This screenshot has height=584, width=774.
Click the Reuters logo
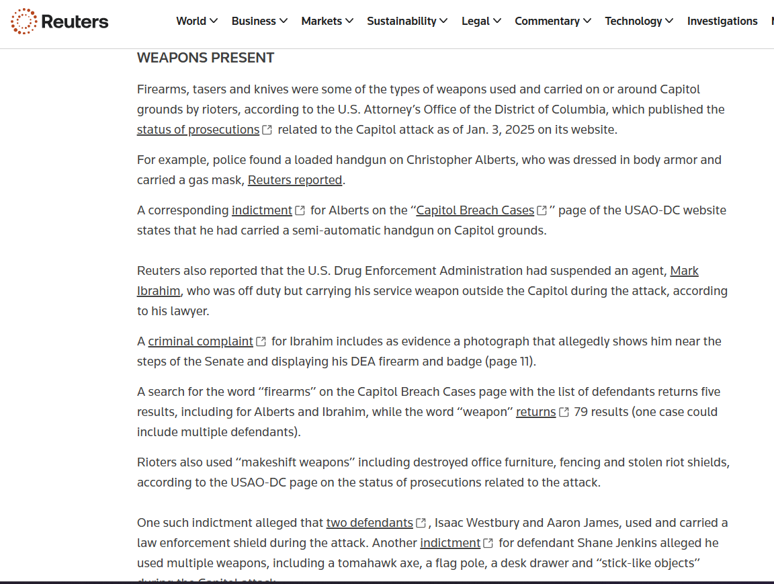click(x=60, y=22)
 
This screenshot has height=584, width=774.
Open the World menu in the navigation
click(x=196, y=21)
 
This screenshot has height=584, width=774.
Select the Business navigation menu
click(x=259, y=21)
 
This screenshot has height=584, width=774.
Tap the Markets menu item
click(x=327, y=21)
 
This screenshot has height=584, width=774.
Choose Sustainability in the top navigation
click(x=406, y=21)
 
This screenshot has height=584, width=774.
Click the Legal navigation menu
click(x=481, y=21)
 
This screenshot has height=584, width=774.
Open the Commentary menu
click(x=552, y=21)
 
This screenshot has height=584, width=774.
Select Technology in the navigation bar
click(x=638, y=21)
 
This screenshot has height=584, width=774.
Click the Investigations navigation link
click(x=722, y=21)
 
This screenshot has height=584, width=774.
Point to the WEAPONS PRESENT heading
click(x=206, y=58)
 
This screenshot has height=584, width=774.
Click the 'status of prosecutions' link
click(x=198, y=130)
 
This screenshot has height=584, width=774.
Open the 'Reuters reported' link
click(x=295, y=180)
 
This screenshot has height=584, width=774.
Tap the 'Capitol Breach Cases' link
click(x=475, y=210)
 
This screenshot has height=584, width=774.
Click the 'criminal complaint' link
click(x=200, y=341)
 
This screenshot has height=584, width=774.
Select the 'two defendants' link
click(x=370, y=523)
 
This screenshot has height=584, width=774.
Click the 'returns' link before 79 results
click(x=535, y=412)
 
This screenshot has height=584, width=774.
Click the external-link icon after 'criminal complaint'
click(x=261, y=342)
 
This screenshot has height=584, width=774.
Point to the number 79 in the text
click(x=581, y=412)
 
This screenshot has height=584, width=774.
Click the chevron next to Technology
click(x=669, y=21)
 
